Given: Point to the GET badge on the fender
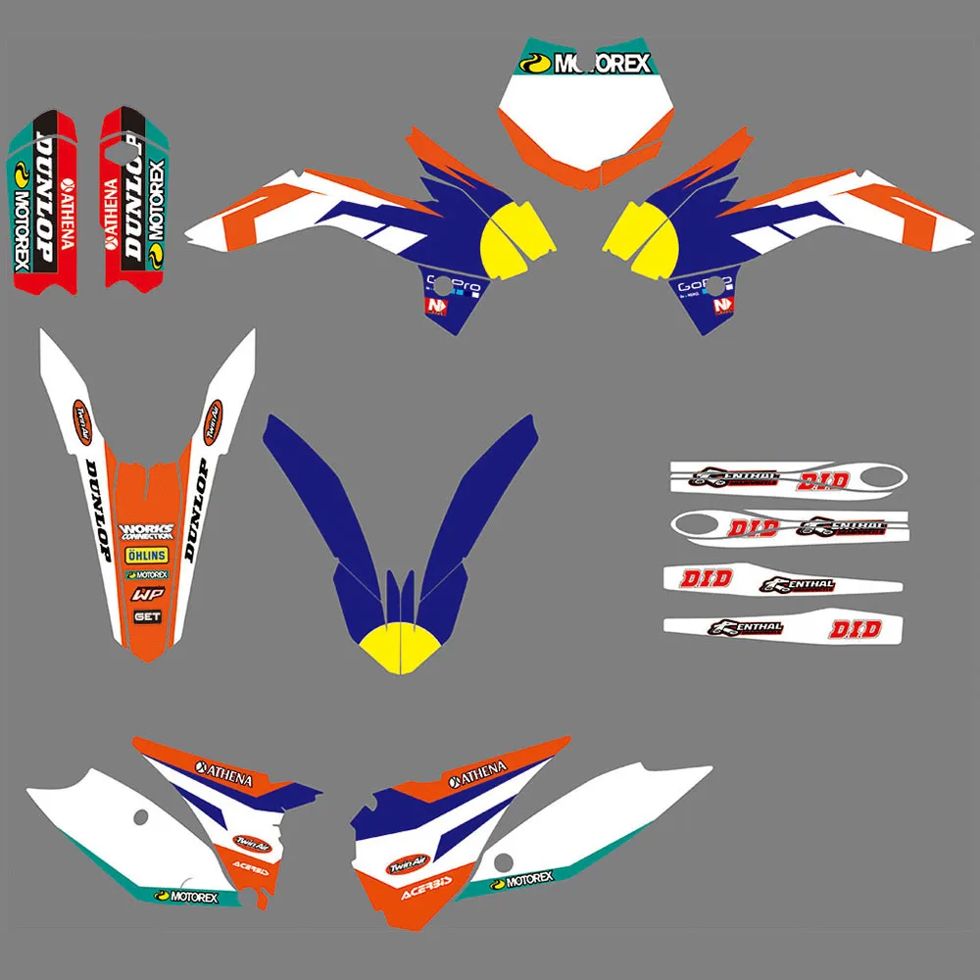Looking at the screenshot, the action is click(147, 616).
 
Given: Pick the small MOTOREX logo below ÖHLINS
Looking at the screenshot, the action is click(146, 574).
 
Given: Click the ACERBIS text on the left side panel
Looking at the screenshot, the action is click(251, 868).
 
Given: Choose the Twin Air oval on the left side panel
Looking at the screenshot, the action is click(249, 841).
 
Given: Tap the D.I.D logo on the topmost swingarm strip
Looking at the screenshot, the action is click(815, 481).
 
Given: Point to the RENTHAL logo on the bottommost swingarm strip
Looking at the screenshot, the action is click(747, 627).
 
